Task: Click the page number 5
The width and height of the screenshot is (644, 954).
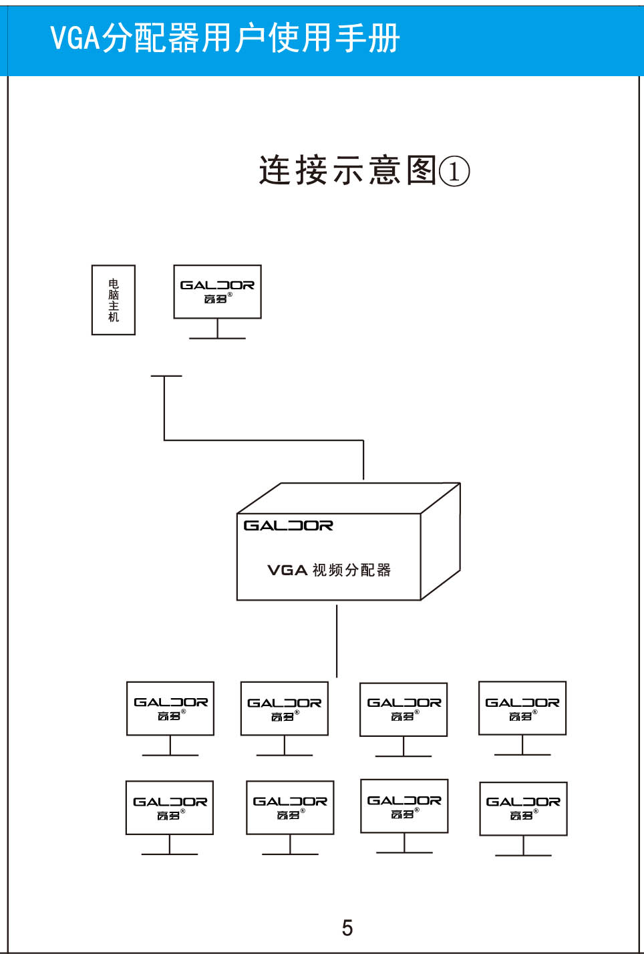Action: point(347,927)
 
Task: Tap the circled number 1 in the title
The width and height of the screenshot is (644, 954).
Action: point(454,171)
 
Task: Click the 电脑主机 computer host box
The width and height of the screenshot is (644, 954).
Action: point(114,300)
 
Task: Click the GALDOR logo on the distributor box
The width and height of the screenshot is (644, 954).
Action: point(289,526)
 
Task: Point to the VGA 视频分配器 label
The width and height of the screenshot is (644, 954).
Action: point(329,570)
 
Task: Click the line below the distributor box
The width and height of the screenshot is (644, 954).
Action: point(337,641)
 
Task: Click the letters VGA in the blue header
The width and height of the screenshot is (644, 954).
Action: point(75,38)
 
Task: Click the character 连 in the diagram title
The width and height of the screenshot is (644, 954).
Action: point(275,170)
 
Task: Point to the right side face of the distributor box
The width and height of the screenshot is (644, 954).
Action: point(440,541)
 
